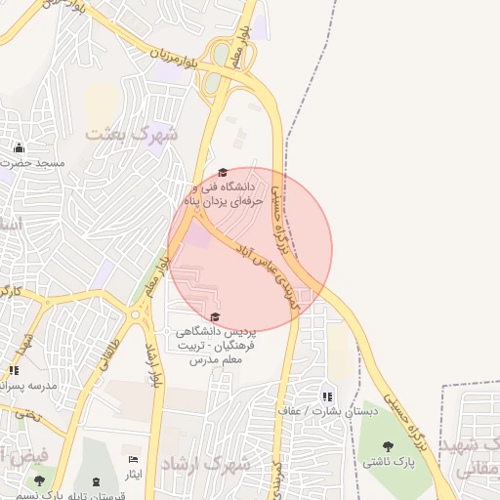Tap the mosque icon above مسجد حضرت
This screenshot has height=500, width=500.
[x=18, y=147]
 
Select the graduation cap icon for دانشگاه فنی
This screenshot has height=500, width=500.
[x=223, y=171]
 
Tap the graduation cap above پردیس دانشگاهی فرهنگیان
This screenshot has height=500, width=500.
[x=215, y=316]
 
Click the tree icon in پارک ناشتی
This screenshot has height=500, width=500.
[x=389, y=446]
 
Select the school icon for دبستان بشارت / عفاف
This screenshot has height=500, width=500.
[x=327, y=396]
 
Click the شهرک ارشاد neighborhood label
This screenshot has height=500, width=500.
[x=205, y=463]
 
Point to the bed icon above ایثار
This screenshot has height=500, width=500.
[x=134, y=459]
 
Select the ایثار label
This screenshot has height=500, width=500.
[x=134, y=474]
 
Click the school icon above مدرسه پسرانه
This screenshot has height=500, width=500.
[x=14, y=370]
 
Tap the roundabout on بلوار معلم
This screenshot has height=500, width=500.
[x=136, y=314]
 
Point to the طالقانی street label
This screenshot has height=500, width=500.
[x=107, y=353]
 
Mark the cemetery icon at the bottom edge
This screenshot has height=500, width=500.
[x=96, y=481]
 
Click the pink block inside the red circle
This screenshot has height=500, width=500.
[x=198, y=235]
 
